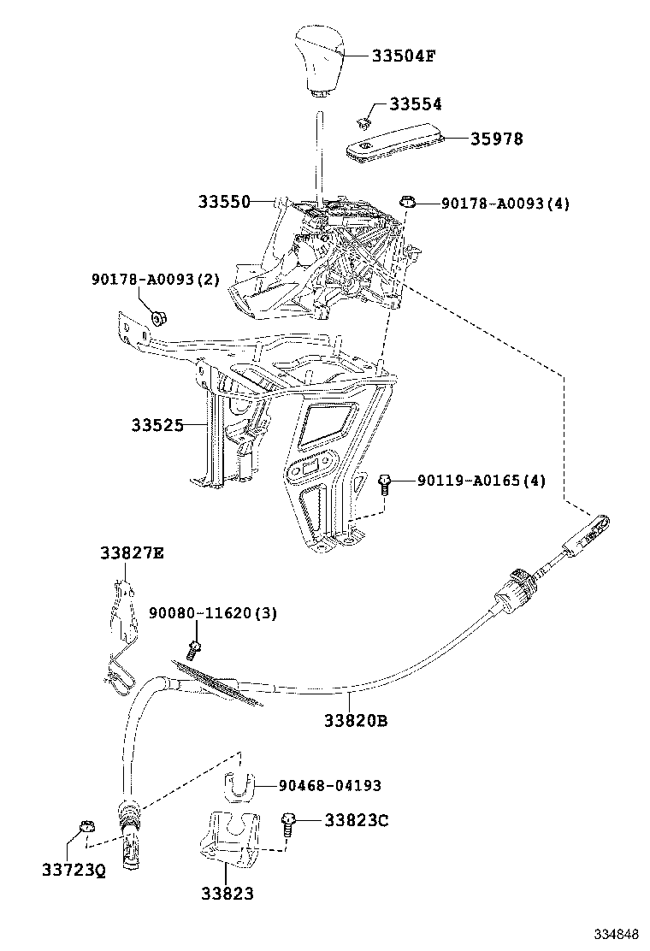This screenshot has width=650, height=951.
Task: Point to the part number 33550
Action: (225, 202)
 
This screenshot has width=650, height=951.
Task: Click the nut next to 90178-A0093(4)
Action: (408, 203)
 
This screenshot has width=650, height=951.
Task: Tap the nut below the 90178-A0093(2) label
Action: (158, 319)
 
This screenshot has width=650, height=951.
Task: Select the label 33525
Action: (157, 424)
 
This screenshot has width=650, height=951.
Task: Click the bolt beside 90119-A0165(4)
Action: (384, 484)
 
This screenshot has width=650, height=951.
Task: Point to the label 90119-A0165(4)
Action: (482, 481)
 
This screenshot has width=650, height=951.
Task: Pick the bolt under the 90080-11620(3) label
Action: (196, 647)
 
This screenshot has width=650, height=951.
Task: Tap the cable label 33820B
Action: (356, 720)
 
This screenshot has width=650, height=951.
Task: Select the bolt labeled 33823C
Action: (288, 824)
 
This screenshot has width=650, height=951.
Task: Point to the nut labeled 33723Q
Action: (85, 827)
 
